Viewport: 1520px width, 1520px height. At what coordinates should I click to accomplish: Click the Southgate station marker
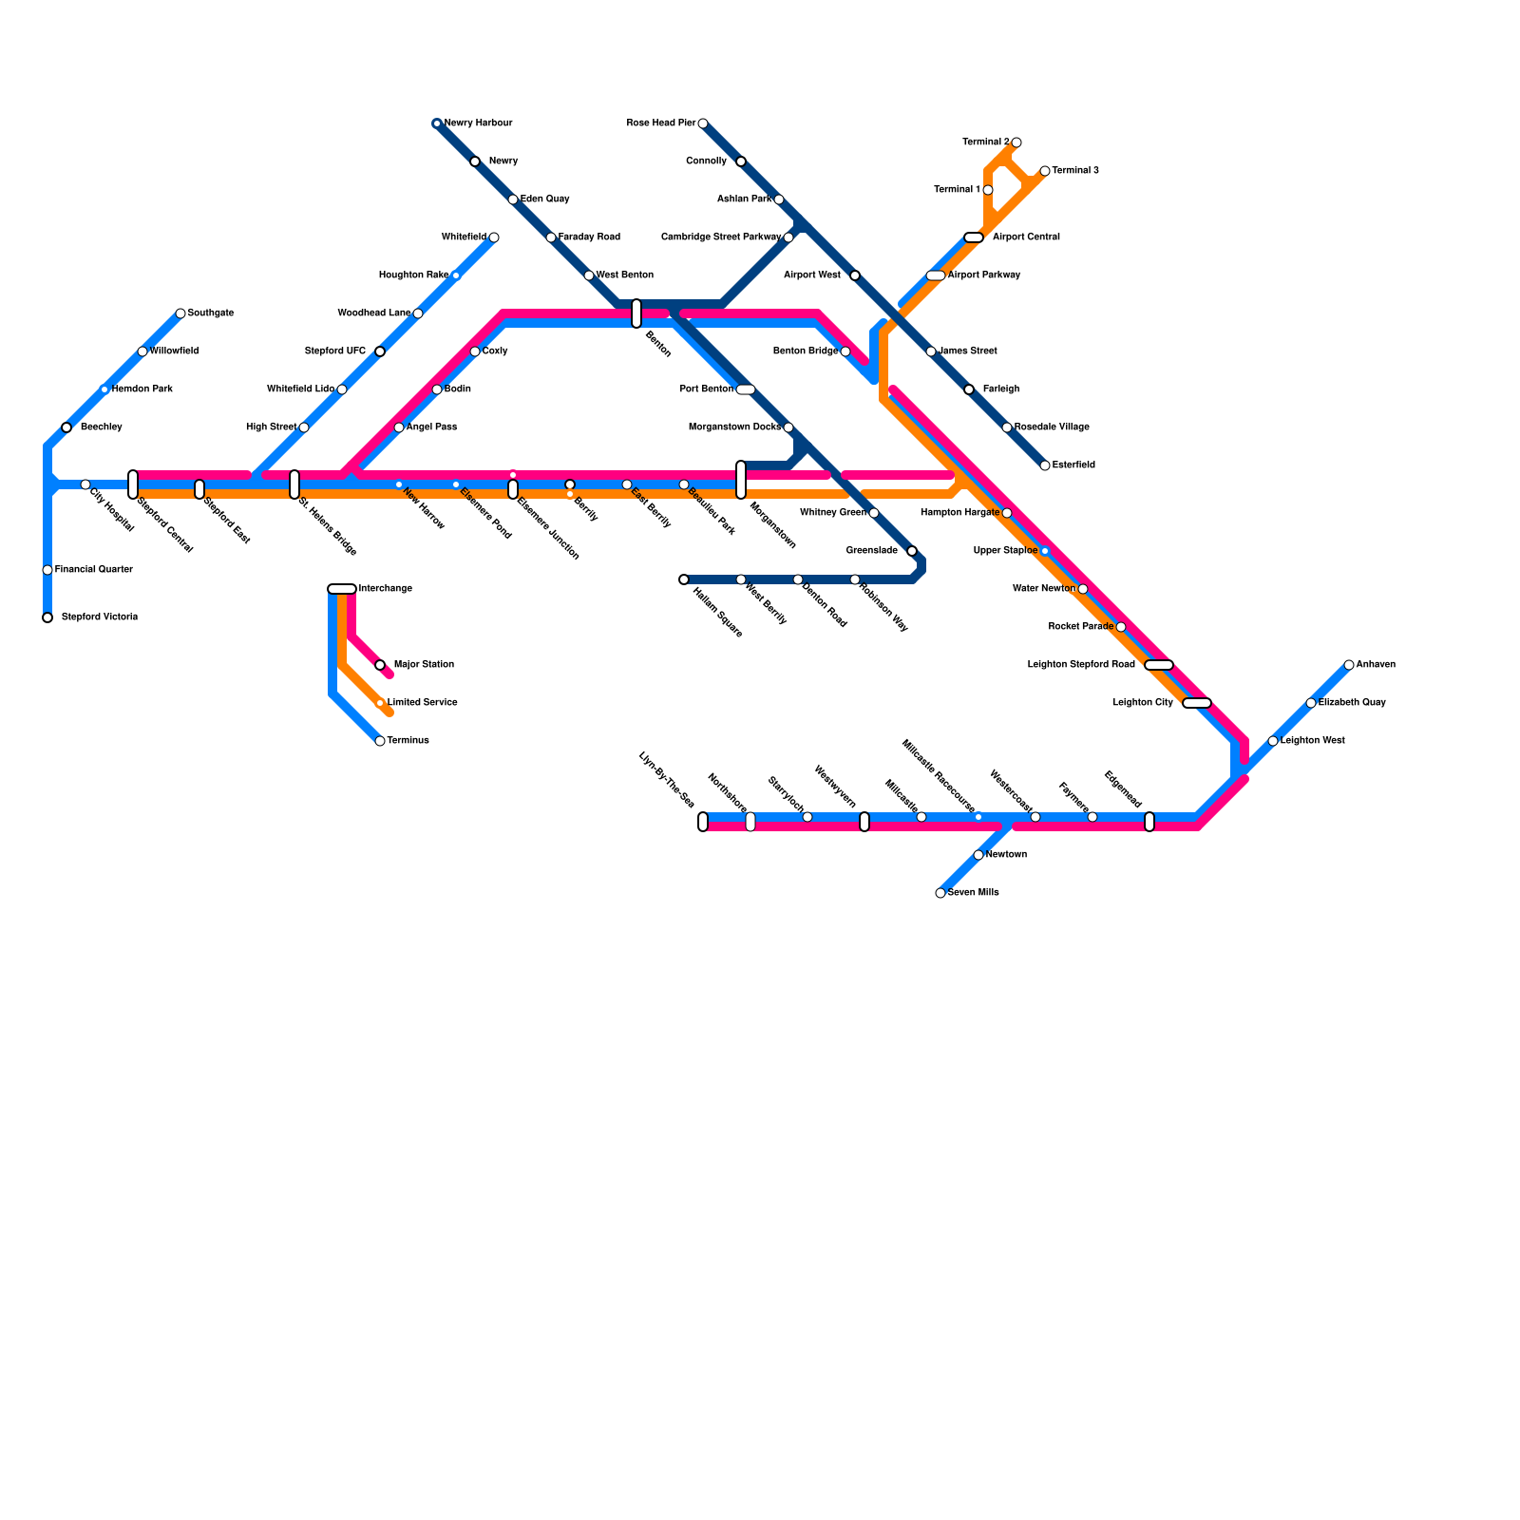(180, 313)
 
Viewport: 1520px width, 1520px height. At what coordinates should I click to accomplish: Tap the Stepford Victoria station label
(100, 617)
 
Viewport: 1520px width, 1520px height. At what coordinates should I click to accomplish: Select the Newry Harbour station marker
(437, 123)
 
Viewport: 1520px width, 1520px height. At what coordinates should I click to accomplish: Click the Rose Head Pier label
(661, 123)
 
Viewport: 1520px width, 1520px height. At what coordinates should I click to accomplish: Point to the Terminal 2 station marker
(1016, 142)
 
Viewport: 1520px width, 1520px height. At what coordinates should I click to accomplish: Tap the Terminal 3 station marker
(1045, 171)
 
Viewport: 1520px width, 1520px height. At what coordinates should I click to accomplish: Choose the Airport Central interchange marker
(974, 237)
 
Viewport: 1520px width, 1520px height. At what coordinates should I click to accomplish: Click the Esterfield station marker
(1045, 465)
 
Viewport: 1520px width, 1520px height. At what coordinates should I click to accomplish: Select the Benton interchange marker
(636, 313)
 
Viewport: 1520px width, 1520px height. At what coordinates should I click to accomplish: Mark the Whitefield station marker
(494, 237)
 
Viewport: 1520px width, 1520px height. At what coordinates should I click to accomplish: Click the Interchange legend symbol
(342, 589)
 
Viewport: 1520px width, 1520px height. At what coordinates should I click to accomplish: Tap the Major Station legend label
(424, 665)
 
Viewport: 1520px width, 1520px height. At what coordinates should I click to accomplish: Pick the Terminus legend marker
(380, 741)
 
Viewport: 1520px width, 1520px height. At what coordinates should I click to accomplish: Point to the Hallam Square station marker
(684, 579)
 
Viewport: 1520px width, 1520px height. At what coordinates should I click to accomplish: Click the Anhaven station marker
(1349, 665)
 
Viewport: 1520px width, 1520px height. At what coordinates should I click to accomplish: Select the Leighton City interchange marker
(1197, 703)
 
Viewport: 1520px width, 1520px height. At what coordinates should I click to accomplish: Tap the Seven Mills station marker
(940, 893)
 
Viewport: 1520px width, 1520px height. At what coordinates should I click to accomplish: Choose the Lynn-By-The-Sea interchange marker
(703, 822)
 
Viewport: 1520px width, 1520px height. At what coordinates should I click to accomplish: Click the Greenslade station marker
(912, 551)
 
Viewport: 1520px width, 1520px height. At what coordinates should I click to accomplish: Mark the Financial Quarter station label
(94, 570)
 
